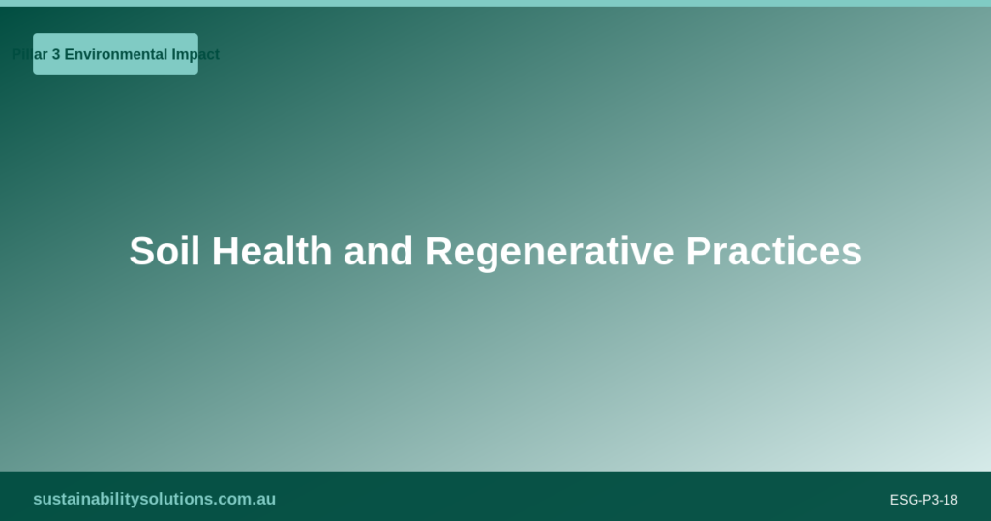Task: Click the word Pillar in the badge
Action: (30, 55)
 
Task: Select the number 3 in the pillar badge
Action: (56, 55)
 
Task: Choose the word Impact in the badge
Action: (195, 55)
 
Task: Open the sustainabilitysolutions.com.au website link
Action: (154, 500)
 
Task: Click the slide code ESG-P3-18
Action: (923, 501)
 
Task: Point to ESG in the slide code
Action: (903, 501)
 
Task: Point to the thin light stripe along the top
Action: (495, 3)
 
